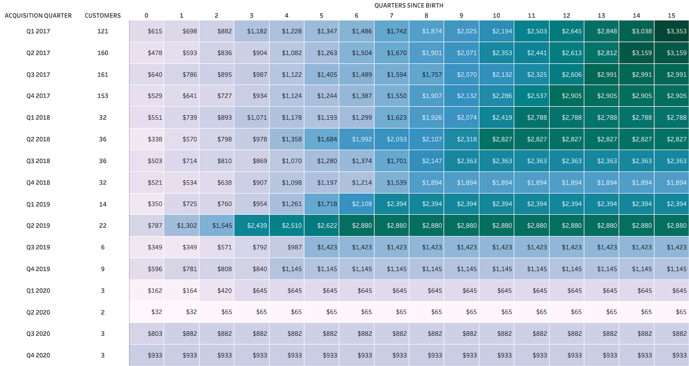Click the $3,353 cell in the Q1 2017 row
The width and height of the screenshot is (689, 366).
click(676, 31)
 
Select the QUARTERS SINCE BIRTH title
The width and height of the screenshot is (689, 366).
click(409, 5)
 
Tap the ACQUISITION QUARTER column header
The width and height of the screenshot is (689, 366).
click(38, 15)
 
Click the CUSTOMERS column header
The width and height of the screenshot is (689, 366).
click(103, 15)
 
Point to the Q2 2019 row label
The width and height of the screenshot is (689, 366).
click(38, 226)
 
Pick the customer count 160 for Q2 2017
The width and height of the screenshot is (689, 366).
click(103, 53)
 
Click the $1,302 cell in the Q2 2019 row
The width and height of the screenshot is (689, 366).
click(187, 226)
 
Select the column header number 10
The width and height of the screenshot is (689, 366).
click(496, 15)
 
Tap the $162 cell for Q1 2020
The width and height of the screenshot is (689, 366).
click(154, 291)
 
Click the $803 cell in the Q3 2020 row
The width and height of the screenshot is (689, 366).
click(154, 334)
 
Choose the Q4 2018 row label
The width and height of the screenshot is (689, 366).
click(38, 182)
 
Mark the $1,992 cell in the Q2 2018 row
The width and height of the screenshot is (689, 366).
click(362, 139)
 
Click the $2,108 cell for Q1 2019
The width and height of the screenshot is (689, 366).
click(362, 204)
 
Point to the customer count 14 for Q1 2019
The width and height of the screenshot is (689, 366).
click(103, 204)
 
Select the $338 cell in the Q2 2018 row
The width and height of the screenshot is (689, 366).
click(154, 139)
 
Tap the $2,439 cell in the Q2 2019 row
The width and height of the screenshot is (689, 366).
click(257, 226)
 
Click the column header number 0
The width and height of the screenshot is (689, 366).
click(146, 15)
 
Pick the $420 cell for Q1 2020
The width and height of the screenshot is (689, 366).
click(224, 291)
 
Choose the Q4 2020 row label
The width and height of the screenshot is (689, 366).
click(38, 355)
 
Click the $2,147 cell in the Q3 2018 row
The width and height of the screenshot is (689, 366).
click(432, 161)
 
